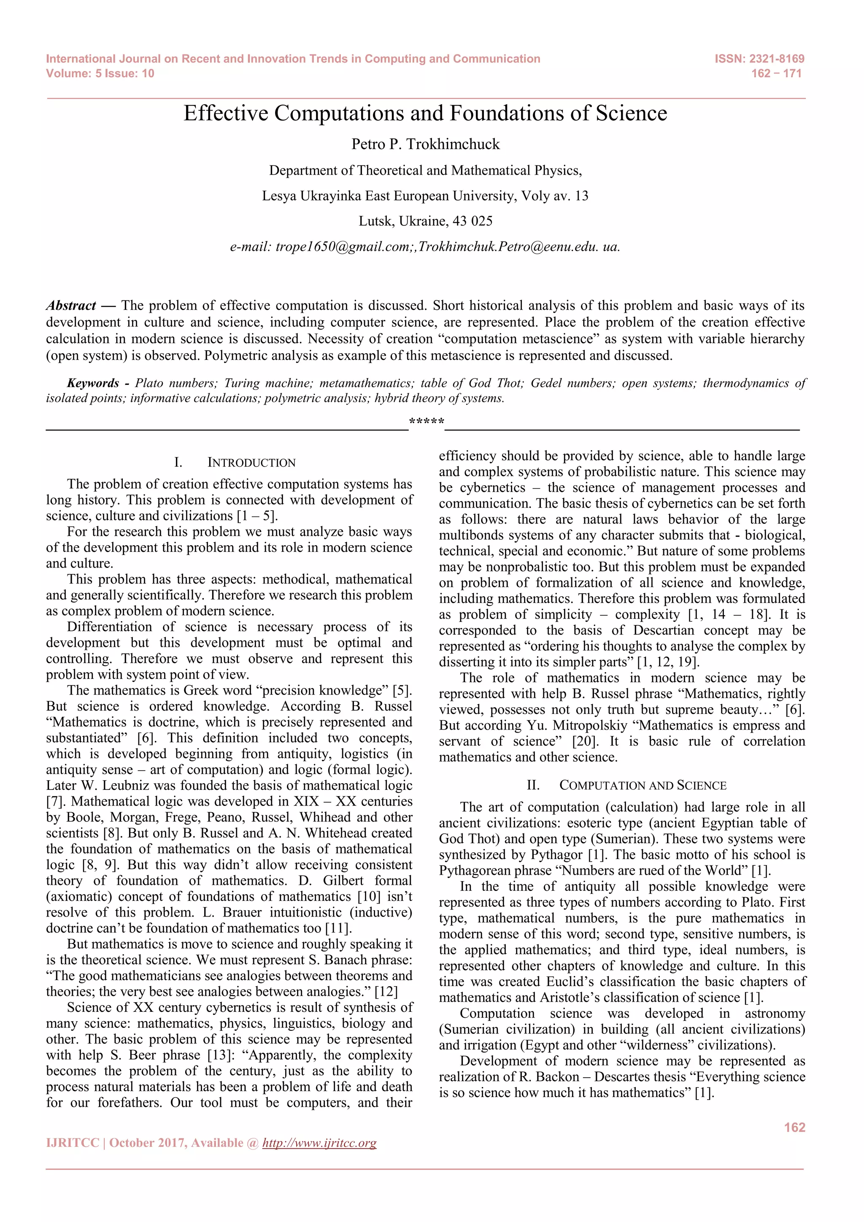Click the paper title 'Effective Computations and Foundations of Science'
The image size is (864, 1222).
425,114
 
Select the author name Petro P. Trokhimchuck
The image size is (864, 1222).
425,144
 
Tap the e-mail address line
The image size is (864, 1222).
425,247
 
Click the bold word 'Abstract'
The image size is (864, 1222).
71,305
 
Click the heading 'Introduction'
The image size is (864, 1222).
251,462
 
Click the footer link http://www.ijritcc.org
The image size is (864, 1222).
319,1143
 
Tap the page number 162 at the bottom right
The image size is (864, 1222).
794,1127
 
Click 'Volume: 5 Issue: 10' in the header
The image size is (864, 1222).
100,73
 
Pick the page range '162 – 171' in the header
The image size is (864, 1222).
776,73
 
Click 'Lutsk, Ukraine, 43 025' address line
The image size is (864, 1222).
425,221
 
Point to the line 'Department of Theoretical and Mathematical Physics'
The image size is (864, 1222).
425,170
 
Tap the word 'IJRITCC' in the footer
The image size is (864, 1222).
73,1143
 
